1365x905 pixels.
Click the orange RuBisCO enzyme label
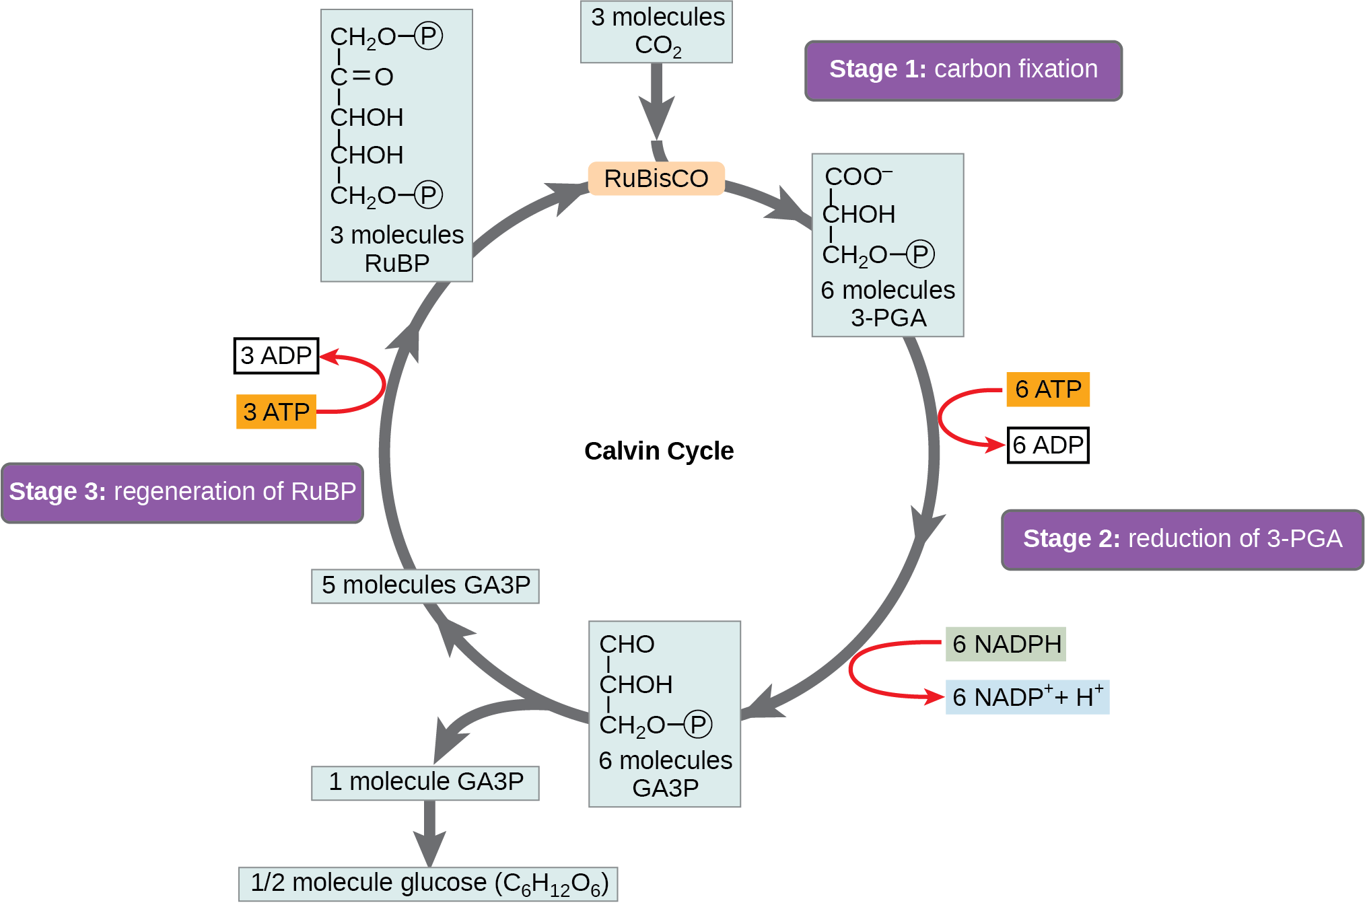point(656,178)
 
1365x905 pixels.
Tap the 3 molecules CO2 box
point(656,32)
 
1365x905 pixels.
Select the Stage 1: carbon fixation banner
point(963,70)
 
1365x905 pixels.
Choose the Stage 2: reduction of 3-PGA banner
point(1182,540)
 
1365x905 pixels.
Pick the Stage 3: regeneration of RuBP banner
point(182,493)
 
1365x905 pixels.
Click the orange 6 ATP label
point(1047,390)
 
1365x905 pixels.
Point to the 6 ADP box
point(1047,445)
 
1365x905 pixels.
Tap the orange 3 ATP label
point(276,412)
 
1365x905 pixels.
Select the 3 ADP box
point(276,355)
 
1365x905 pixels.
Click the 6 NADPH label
point(1006,644)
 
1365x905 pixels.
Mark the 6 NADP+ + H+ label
point(1027,697)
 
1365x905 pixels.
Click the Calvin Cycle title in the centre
point(659,451)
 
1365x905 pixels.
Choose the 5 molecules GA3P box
point(425,585)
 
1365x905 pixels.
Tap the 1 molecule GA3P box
point(425,783)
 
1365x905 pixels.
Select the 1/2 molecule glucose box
point(428,883)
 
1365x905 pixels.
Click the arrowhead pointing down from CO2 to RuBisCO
point(656,118)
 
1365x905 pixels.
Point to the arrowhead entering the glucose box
point(429,849)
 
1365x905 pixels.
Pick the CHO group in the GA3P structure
point(627,645)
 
